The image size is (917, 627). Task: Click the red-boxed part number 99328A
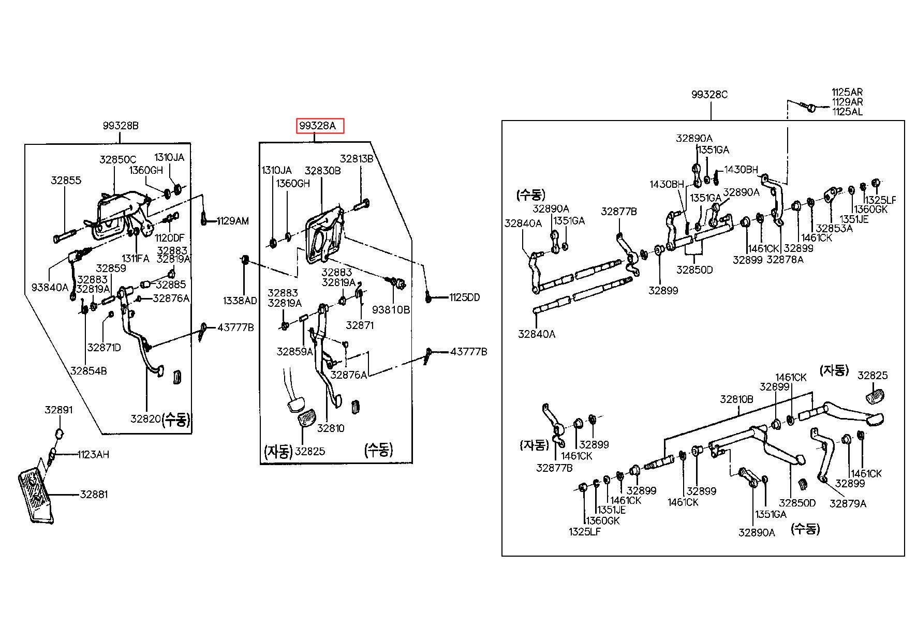[x=320, y=126]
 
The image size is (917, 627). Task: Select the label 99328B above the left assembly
[x=121, y=126]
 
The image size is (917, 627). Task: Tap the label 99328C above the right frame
[x=710, y=95]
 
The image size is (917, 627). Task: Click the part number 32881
[x=94, y=494]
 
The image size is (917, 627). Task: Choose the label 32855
[x=66, y=181]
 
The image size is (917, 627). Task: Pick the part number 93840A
[x=50, y=287]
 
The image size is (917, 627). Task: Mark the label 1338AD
[x=240, y=301]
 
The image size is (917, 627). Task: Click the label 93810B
[x=391, y=309]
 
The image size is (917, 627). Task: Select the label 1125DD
[x=464, y=297]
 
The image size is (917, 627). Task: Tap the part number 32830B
[x=322, y=170]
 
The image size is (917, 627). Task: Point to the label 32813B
[x=357, y=159]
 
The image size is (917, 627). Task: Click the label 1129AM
[x=232, y=221]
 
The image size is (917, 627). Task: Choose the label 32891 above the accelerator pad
[x=58, y=410]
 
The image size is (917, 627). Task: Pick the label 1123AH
[x=93, y=455]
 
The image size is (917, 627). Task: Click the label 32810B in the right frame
[x=736, y=399]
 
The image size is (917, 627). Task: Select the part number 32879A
[x=848, y=503]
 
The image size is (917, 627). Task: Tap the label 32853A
[x=834, y=228]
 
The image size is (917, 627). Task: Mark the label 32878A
[x=785, y=260]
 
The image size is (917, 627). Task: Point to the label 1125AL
[x=847, y=111]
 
